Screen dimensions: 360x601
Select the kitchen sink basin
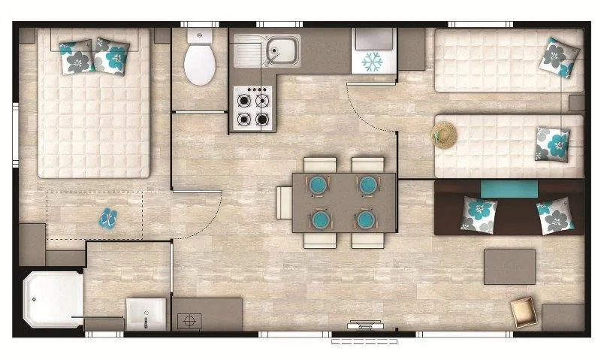(282, 50)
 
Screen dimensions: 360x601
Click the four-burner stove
(253, 108)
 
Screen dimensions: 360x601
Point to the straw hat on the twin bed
(444, 134)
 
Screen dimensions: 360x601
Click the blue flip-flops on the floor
(109, 218)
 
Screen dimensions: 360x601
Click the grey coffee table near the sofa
(509, 266)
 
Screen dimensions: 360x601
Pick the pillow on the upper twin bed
(560, 58)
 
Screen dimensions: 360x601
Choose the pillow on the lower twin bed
(552, 144)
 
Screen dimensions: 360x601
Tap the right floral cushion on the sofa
(556, 217)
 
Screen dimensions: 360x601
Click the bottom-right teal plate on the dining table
(366, 219)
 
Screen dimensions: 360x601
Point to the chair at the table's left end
(284, 202)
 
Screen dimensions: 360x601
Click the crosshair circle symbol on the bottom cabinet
(189, 319)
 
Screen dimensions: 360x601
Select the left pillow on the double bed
(77, 56)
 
